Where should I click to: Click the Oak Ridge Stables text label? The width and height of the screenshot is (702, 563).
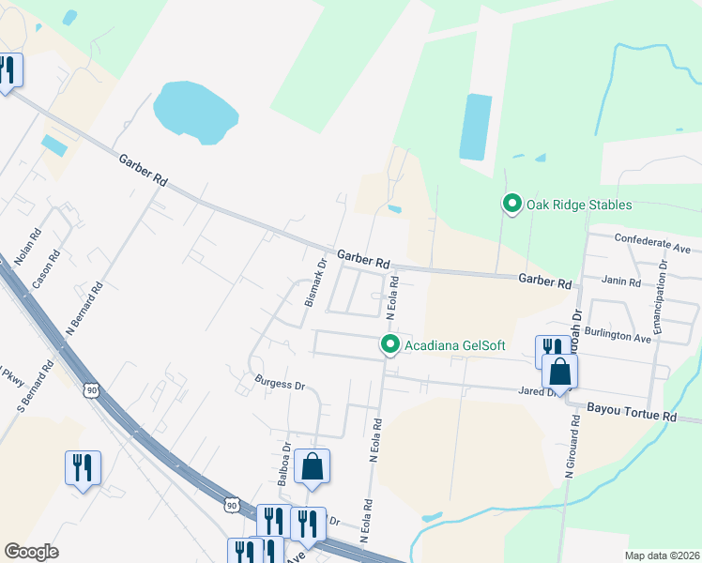[x=579, y=205]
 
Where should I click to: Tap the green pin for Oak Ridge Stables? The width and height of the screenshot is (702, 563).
[x=512, y=203]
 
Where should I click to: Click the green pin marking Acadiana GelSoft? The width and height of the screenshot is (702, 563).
[x=391, y=345]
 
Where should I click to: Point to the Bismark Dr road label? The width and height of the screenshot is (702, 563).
[x=314, y=282]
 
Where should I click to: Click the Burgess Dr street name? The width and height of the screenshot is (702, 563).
[x=280, y=384]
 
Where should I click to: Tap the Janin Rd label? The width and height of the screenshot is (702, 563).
[x=621, y=281]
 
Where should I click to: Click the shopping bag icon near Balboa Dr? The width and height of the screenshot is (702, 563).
[x=312, y=466]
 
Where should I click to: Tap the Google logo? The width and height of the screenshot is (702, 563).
[x=31, y=551]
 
